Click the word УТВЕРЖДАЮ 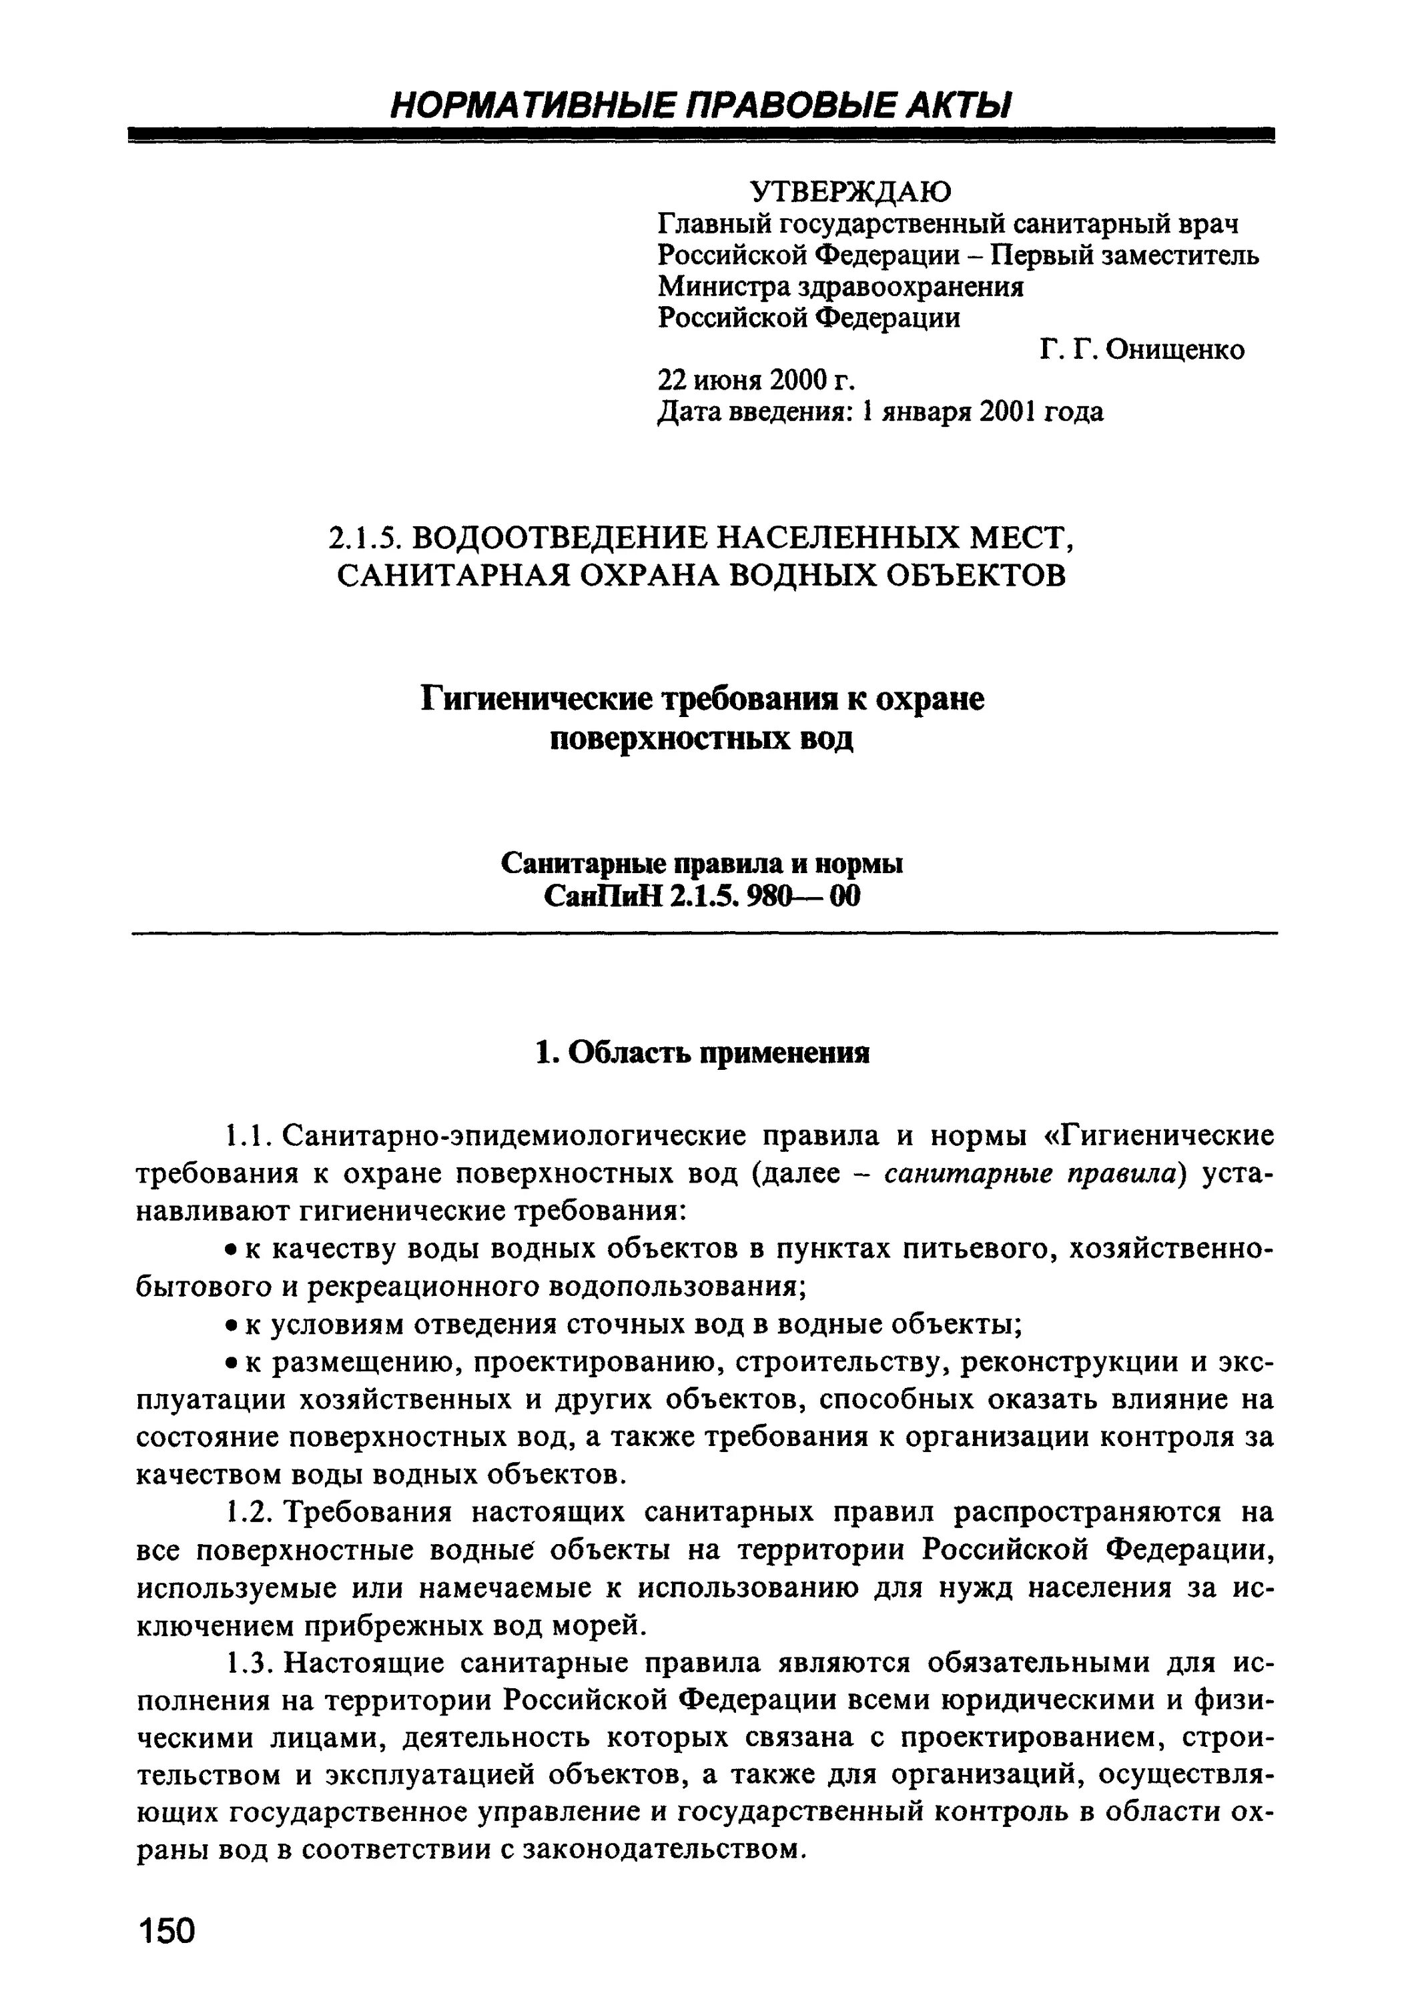(x=851, y=191)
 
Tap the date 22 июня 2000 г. (x=755, y=381)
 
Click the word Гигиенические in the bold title (x=538, y=698)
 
